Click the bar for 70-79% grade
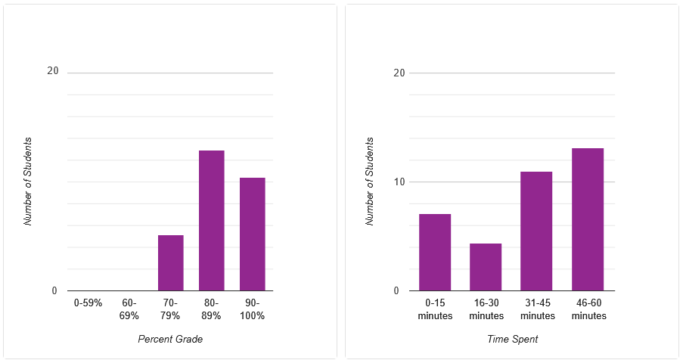click(x=170, y=263)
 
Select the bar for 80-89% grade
click(x=211, y=221)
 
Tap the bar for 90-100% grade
click(x=252, y=234)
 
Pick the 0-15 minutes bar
click(x=435, y=253)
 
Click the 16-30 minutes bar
click(x=486, y=267)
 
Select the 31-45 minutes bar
click(x=536, y=231)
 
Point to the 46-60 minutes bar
click(x=588, y=219)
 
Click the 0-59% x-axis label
click(x=88, y=303)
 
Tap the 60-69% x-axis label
click(x=129, y=309)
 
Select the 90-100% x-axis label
click(x=252, y=309)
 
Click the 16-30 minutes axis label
click(x=486, y=309)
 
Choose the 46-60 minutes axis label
click(x=588, y=309)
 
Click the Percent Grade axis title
click(x=170, y=339)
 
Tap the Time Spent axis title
click(x=512, y=339)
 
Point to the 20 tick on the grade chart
click(x=52, y=71)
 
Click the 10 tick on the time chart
click(x=399, y=182)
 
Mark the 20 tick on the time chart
click(x=399, y=73)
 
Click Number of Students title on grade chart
click(x=28, y=182)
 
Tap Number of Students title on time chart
click(x=370, y=182)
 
